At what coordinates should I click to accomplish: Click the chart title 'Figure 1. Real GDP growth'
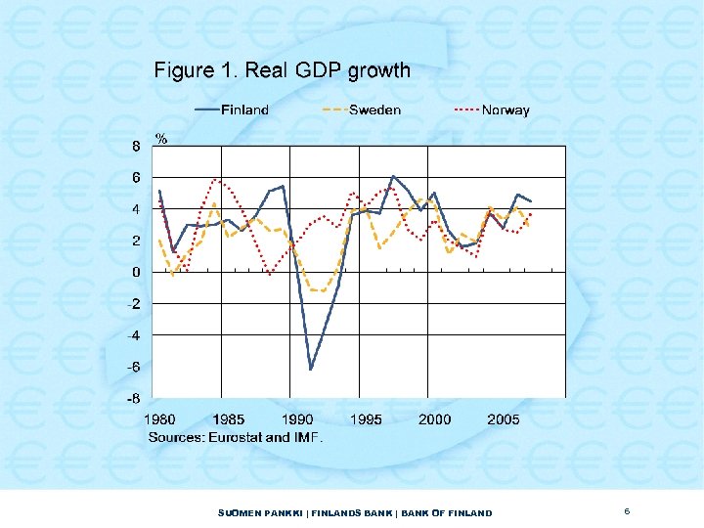click(x=282, y=70)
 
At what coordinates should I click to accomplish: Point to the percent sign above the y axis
click(x=161, y=139)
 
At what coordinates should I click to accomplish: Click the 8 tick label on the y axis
click(x=137, y=146)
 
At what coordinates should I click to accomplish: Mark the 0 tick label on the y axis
click(x=137, y=272)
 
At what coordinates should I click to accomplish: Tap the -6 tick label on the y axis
click(x=135, y=367)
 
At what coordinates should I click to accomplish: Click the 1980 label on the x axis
click(x=162, y=419)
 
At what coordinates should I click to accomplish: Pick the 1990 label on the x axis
click(x=297, y=419)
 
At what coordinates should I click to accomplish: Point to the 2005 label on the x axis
click(x=504, y=419)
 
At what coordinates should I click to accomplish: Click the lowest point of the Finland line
click(x=311, y=369)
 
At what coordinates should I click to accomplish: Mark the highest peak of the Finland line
click(x=393, y=177)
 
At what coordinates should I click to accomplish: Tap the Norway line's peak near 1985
click(x=216, y=180)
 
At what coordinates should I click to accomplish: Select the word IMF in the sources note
click(x=307, y=437)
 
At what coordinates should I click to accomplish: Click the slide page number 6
click(x=627, y=511)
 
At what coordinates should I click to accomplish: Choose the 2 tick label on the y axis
click(x=137, y=241)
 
